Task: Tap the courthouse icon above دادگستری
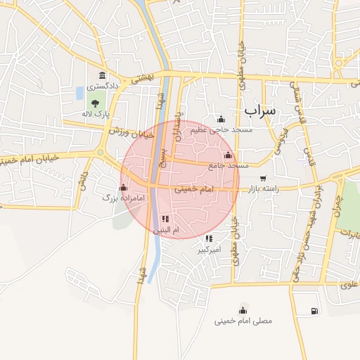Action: pyautogui.click(x=103, y=75)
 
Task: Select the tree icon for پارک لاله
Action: pyautogui.click(x=95, y=104)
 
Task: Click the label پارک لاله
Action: pyautogui.click(x=103, y=114)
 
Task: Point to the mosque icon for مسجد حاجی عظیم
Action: pyautogui.click(x=221, y=119)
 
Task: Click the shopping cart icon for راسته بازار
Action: pyautogui.click(x=263, y=178)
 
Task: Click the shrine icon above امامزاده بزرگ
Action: pyautogui.click(x=124, y=187)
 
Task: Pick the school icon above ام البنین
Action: pyautogui.click(x=165, y=219)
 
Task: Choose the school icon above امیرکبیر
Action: pyautogui.click(x=209, y=239)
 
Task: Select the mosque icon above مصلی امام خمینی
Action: pyautogui.click(x=244, y=310)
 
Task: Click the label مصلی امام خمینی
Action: pyautogui.click(x=243, y=321)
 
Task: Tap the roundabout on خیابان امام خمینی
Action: pyautogui.click(x=100, y=153)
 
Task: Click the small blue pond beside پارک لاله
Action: pyautogui.click(x=79, y=93)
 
